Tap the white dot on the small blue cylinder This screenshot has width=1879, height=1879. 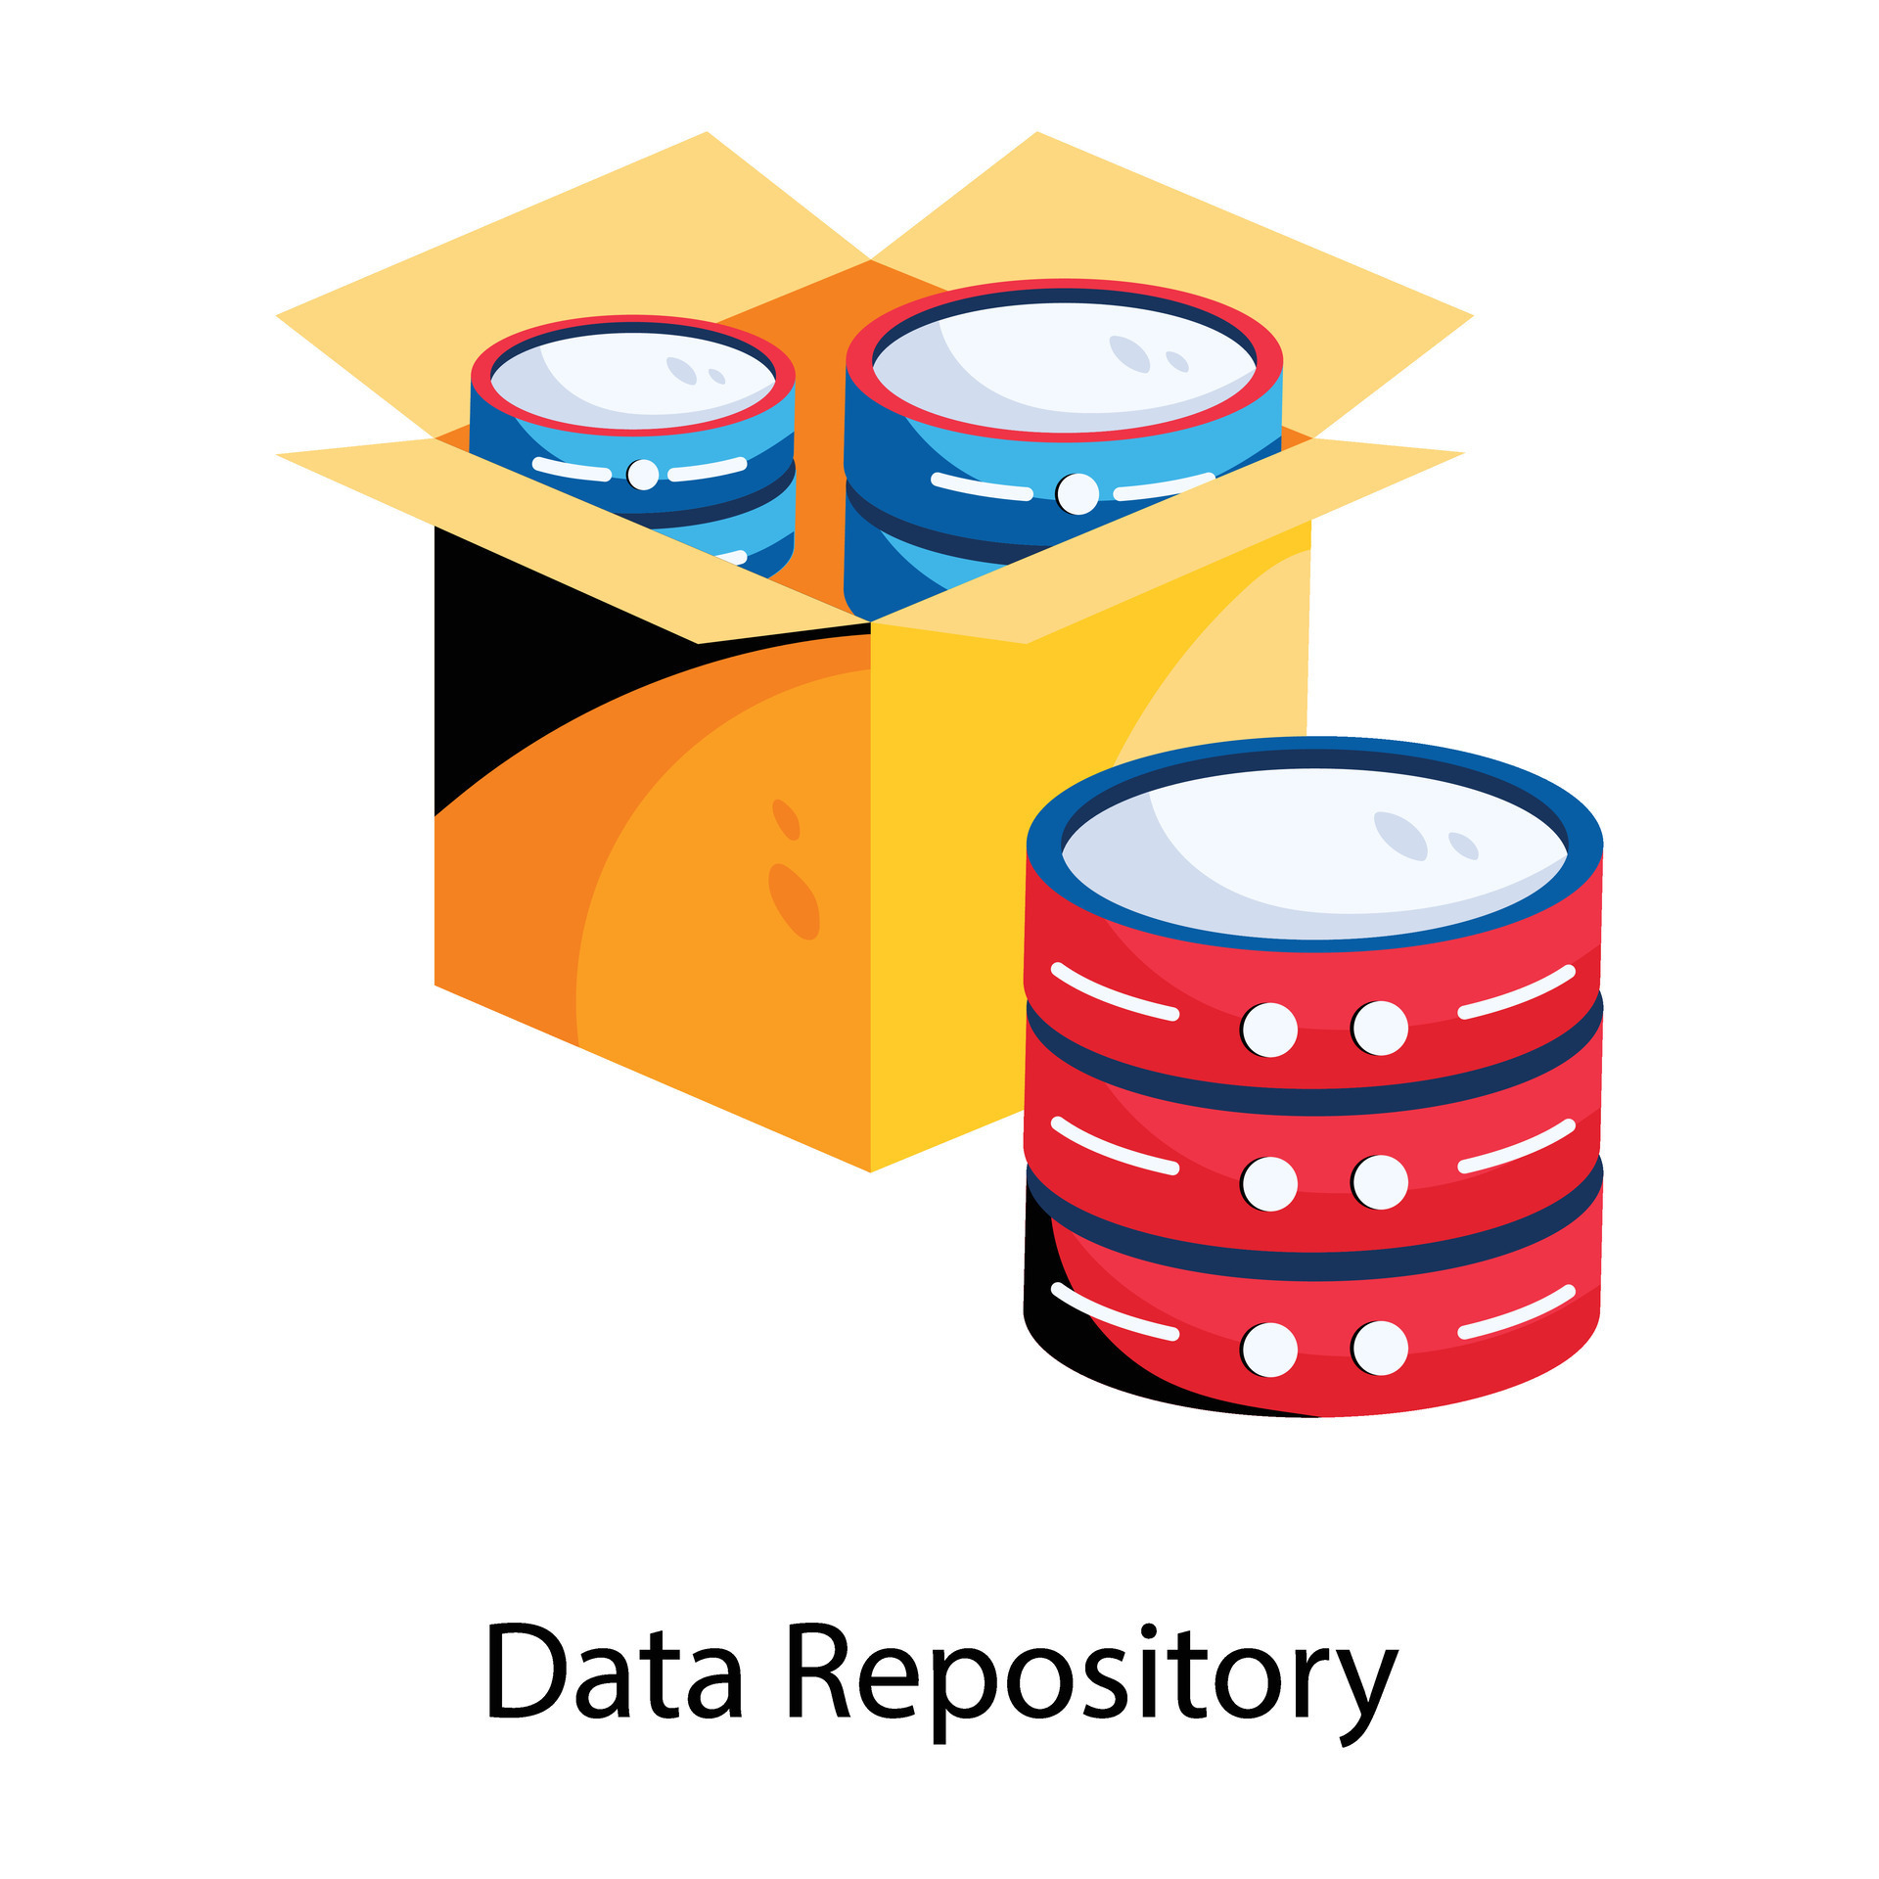click(643, 474)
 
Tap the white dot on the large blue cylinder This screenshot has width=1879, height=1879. click(1077, 493)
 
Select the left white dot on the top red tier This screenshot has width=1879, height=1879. click(1269, 1030)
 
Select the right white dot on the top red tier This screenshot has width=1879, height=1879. click(1380, 1028)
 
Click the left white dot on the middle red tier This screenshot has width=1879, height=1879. click(1269, 1184)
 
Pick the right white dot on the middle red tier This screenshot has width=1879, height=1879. click(1380, 1182)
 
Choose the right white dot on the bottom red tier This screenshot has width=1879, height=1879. click(1380, 1349)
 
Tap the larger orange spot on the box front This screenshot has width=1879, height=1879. click(794, 900)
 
